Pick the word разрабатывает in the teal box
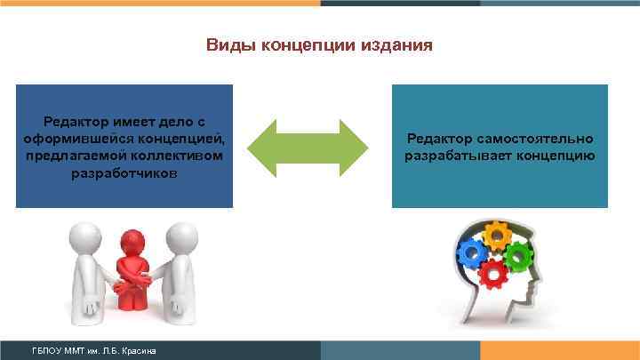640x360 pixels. click(x=455, y=156)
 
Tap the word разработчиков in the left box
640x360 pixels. click(x=124, y=173)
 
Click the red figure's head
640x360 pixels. click(x=133, y=241)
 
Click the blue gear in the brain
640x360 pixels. click(x=475, y=253)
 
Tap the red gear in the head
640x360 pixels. click(x=492, y=273)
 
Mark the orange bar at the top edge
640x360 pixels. click(x=160, y=3)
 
